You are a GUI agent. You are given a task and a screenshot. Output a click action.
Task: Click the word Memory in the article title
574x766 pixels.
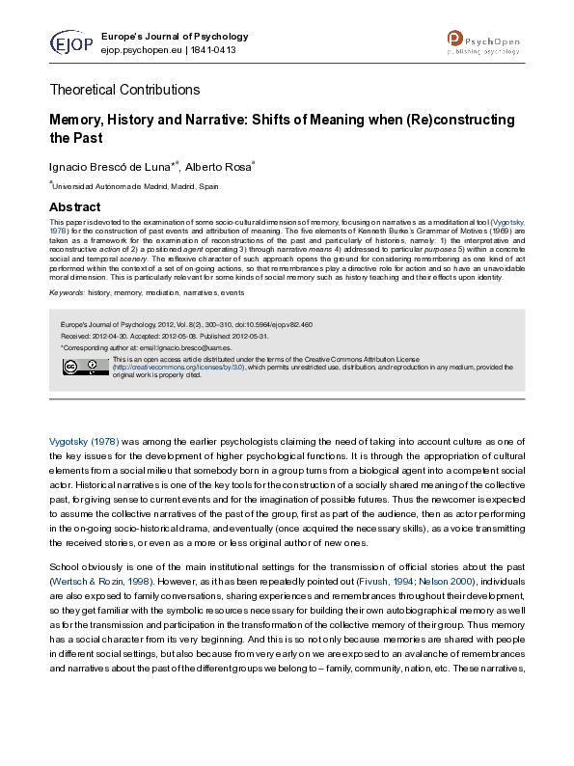(x=80, y=121)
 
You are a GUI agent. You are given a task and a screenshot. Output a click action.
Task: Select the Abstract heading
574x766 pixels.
(x=74, y=207)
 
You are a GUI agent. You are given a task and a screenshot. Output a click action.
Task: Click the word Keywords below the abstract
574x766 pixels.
(x=66, y=291)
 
